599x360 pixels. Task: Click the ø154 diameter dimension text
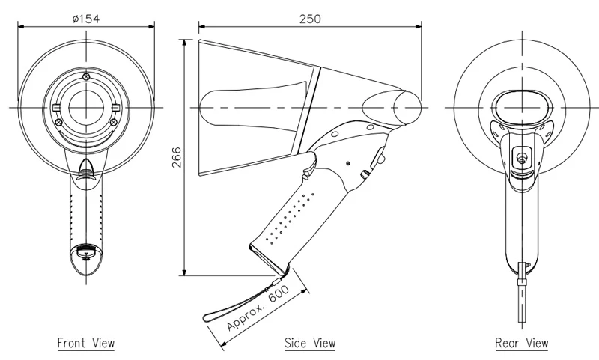pos(87,18)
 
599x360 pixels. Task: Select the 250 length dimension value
pos(308,18)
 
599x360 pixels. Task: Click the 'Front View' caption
pos(86,344)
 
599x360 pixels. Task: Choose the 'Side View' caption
pos(309,344)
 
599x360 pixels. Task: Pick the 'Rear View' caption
pos(521,344)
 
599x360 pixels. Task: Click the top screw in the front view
pos(86,76)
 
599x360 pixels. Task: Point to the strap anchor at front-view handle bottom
pos(86,251)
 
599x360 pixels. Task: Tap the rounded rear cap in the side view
pos(409,107)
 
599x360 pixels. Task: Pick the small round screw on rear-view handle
pos(520,156)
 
